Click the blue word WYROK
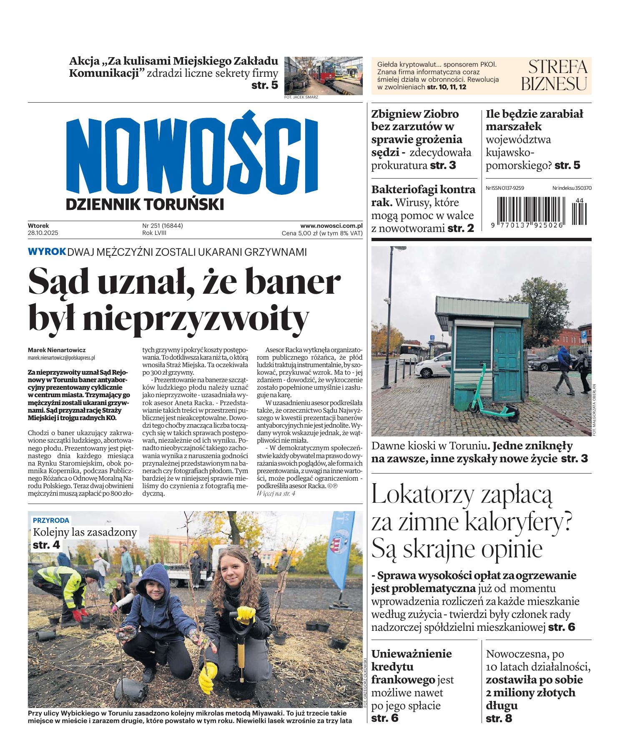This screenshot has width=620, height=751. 47,252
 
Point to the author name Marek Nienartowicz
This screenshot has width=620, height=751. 57,350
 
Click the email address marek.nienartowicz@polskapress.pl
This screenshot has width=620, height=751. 61,358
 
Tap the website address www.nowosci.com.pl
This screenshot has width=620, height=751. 331,226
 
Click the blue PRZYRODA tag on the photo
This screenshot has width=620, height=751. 51,520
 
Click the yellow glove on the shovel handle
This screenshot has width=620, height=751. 246,613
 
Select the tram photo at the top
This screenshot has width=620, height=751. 323,76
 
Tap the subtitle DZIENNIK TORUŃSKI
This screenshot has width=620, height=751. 145,204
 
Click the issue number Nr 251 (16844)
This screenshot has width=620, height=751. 163,226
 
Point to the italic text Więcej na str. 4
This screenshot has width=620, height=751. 276,494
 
